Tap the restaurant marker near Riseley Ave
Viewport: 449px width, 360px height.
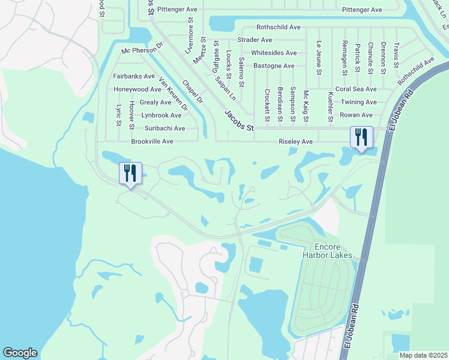click(361, 137)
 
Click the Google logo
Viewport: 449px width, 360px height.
click(20, 353)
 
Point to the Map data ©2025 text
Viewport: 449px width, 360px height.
click(423, 355)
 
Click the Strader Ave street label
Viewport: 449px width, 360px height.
click(255, 40)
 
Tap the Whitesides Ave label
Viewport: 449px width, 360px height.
click(275, 53)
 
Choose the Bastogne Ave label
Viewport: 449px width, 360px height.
click(274, 65)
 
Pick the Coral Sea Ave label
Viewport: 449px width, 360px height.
click(356, 89)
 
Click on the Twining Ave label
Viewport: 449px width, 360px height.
click(358, 102)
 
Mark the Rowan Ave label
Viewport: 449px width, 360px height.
click(356, 115)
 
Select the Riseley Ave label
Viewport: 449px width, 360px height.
click(296, 142)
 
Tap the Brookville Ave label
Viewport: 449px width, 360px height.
click(152, 142)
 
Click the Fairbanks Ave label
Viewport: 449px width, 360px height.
click(134, 76)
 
